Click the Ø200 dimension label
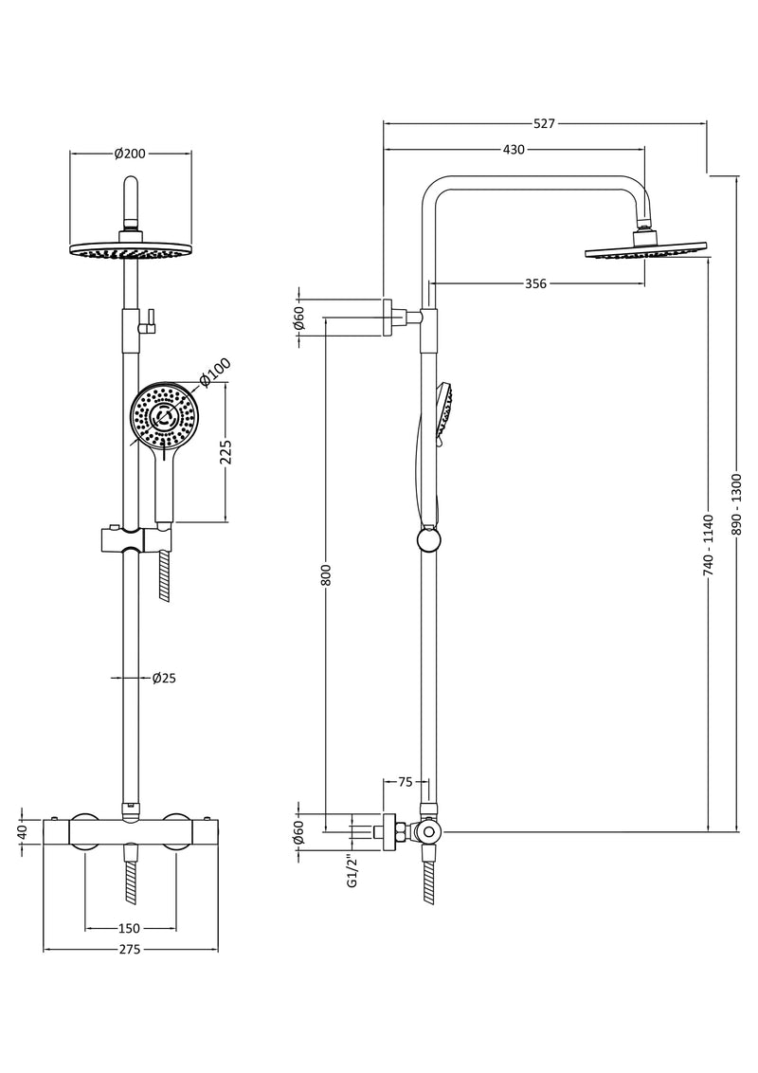pyautogui.click(x=130, y=154)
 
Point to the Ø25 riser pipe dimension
pyautogui.click(x=164, y=678)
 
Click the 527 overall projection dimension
pyautogui.click(x=544, y=123)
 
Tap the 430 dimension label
pyautogui.click(x=514, y=150)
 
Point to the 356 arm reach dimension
pyautogui.click(x=536, y=283)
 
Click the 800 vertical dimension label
pyautogui.click(x=325, y=574)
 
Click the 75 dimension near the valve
pyautogui.click(x=405, y=782)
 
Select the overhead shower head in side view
pyautogui.click(x=647, y=251)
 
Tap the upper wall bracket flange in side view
pyautogui.click(x=388, y=317)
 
